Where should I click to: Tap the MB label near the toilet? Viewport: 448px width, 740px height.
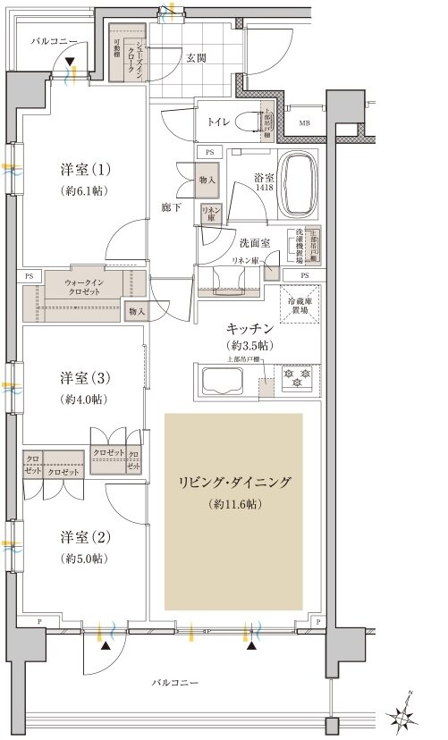(305, 123)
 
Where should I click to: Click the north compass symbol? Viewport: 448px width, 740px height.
(404, 712)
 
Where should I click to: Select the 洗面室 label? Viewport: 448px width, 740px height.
(234, 242)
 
